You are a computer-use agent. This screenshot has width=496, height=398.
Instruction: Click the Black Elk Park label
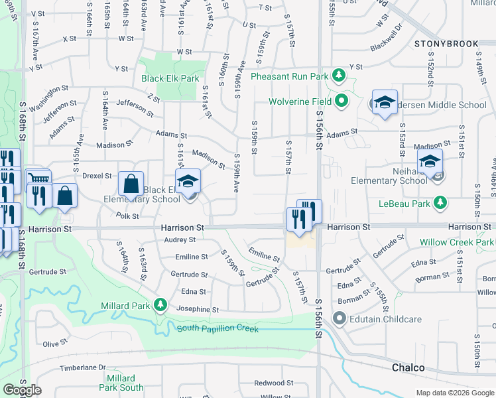point(170,78)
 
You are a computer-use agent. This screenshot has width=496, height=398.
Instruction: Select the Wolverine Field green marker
point(341,101)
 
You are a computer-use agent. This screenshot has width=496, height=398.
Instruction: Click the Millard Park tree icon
point(160,304)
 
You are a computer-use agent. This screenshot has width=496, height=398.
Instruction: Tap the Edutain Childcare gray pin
point(340,319)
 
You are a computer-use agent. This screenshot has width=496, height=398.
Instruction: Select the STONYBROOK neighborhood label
point(446,44)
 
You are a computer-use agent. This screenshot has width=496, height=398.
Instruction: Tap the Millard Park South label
point(121,383)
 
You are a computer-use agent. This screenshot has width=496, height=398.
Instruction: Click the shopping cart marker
point(39,180)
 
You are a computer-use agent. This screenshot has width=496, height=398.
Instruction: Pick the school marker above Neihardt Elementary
point(430,161)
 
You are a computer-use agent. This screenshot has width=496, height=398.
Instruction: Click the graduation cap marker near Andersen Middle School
point(384,102)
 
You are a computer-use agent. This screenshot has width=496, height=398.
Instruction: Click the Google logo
point(22,389)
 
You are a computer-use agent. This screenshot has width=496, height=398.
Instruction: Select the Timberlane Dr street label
point(82,367)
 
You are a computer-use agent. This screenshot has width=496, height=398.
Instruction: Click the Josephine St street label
point(197,309)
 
